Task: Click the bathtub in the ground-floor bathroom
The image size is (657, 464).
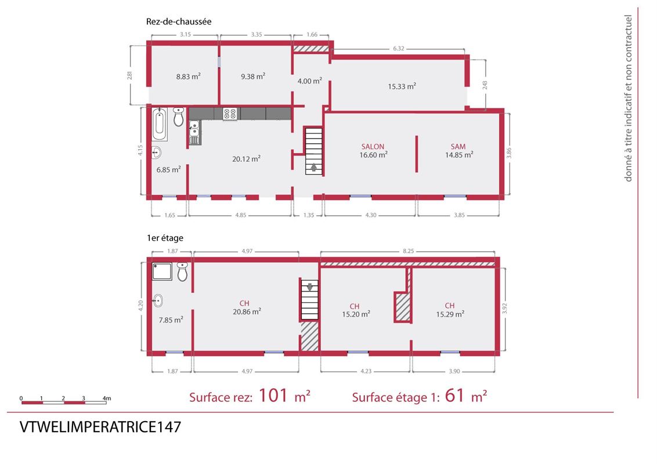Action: [x=160, y=124]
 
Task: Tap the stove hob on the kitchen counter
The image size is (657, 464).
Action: [x=230, y=114]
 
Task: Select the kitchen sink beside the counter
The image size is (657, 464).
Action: [x=194, y=132]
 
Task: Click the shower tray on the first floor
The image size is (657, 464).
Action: [x=162, y=271]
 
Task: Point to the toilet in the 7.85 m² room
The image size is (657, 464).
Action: [x=182, y=272]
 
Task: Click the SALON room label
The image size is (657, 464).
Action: [x=373, y=147]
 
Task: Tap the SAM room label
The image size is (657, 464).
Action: [x=458, y=147]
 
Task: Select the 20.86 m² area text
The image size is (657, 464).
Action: [x=247, y=311]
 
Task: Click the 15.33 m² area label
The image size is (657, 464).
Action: [x=402, y=86]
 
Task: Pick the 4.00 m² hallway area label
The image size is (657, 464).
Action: [x=310, y=81]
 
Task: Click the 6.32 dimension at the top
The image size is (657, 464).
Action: [x=399, y=49]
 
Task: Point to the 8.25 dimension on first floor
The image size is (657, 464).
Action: [x=408, y=251]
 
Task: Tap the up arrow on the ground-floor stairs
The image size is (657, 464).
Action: [x=314, y=168]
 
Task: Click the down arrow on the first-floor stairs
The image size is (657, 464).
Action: [x=310, y=287]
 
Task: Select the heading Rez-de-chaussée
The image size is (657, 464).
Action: [x=179, y=21]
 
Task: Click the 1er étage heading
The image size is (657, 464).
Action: [x=165, y=238]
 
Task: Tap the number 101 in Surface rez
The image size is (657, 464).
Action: [x=273, y=395]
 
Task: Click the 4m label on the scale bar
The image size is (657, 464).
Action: [x=107, y=398]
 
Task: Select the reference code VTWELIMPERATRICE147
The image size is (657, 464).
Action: [x=100, y=427]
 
